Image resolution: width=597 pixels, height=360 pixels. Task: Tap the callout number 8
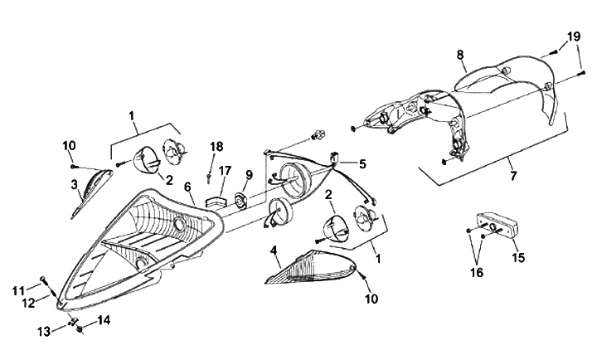tap(460, 55)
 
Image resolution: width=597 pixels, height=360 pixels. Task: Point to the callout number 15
tap(518, 258)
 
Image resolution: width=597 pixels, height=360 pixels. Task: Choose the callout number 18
tap(216, 147)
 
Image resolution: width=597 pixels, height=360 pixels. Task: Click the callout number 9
tap(248, 174)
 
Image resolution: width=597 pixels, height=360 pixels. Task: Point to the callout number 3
tap(74, 183)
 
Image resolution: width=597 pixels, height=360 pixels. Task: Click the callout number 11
tap(17, 289)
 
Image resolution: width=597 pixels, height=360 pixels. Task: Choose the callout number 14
tap(104, 319)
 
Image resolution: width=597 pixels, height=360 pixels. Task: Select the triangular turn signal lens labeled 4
tap(311, 266)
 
